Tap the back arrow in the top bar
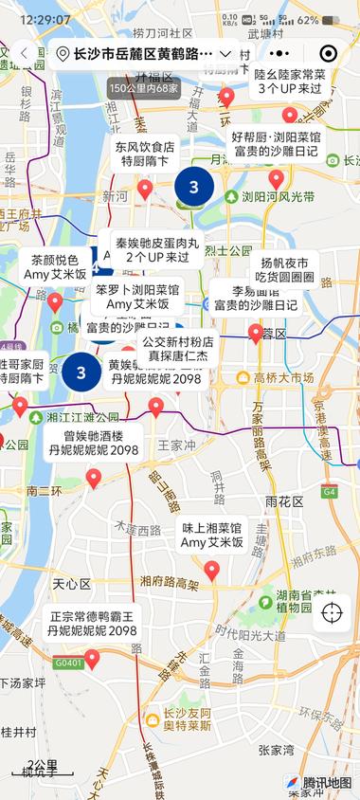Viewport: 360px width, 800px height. click(24, 54)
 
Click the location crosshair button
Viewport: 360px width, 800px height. click(333, 612)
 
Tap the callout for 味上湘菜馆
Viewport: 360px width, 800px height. click(212, 535)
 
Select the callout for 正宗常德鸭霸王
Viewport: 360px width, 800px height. click(93, 623)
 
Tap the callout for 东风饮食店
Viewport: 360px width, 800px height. click(145, 155)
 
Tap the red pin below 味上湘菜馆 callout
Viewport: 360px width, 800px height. click(212, 570)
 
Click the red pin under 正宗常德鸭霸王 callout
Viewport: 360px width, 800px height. click(92, 658)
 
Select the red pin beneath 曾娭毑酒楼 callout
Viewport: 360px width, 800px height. click(93, 479)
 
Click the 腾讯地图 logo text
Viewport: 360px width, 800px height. click(327, 783)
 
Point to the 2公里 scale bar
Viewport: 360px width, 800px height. click(43, 769)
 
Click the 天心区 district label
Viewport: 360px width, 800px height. click(71, 583)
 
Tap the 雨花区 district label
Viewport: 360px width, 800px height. click(283, 500)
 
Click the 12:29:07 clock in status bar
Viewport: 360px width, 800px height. click(45, 19)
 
